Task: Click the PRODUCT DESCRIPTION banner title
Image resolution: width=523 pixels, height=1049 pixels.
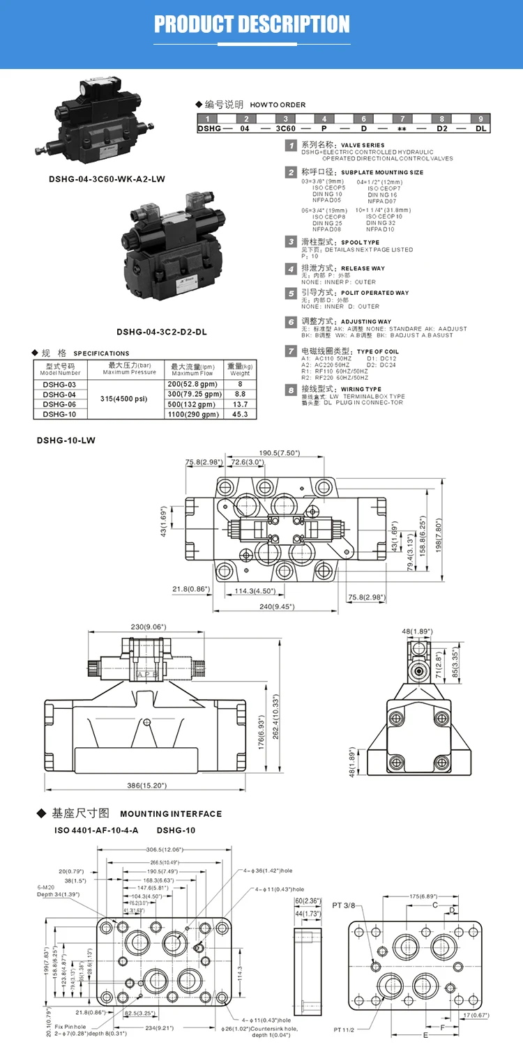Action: tap(252, 24)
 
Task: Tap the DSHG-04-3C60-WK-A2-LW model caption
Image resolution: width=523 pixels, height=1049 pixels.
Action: tap(107, 179)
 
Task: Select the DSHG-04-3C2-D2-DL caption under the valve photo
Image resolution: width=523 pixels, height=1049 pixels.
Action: tap(162, 332)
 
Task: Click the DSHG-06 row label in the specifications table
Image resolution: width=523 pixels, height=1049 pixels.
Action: tap(59, 404)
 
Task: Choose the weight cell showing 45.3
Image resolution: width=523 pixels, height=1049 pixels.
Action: tap(241, 414)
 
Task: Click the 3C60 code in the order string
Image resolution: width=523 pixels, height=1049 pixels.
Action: tap(286, 129)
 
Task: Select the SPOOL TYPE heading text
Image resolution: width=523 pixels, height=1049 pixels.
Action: tap(361, 242)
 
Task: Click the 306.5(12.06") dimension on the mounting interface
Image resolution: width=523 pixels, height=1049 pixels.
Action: tap(164, 850)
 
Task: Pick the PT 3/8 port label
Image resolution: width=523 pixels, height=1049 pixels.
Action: tap(343, 905)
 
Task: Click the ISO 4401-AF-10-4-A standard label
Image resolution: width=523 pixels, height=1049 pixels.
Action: tap(96, 830)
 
